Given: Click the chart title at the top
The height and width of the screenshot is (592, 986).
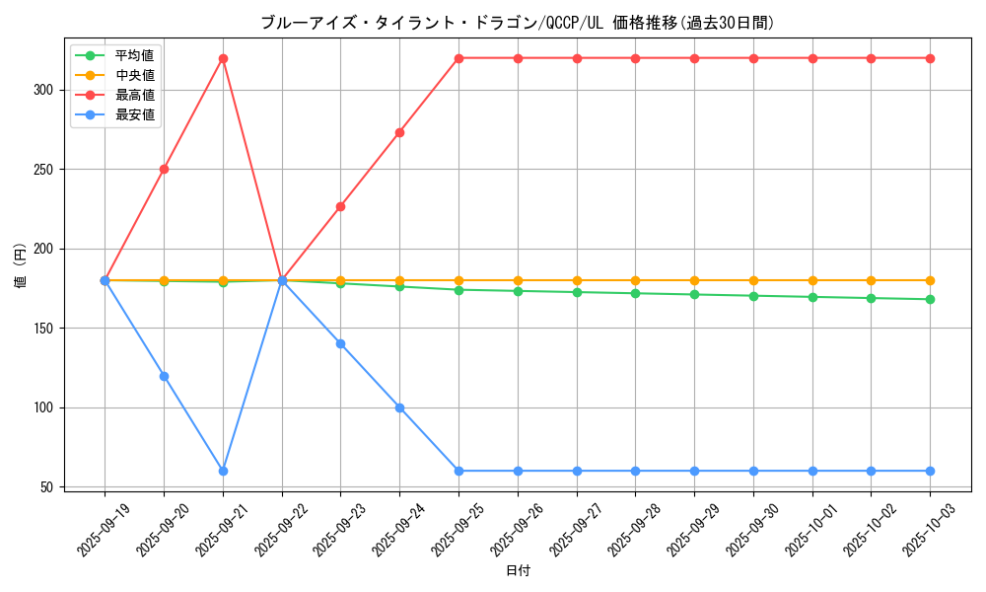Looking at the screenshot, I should [x=518, y=22].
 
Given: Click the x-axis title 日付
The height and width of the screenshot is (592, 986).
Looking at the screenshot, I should [x=518, y=571].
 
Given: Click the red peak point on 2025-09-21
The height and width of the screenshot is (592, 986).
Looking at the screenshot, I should [x=223, y=58].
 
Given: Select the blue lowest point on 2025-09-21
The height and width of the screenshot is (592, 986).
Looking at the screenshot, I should [x=223, y=471].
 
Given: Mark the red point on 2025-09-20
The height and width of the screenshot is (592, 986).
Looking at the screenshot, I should [x=164, y=169].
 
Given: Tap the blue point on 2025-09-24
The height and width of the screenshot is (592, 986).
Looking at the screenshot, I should [x=399, y=407].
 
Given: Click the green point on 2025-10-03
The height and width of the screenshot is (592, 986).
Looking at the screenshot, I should [x=930, y=299].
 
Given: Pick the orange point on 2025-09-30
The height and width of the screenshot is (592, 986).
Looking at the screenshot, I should [x=753, y=280].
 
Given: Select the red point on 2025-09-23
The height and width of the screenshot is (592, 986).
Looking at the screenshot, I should [x=340, y=206].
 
